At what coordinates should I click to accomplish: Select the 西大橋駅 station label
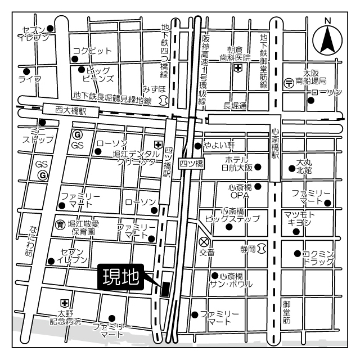(x=71, y=111)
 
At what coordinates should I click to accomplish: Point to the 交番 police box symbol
(x=204, y=242)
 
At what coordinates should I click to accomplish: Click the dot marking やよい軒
(x=197, y=146)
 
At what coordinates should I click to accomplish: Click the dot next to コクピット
(x=75, y=59)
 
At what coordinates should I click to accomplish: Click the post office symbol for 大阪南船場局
(x=289, y=82)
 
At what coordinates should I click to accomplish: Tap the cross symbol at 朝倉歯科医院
(x=238, y=69)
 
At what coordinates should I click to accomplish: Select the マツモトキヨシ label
(x=300, y=218)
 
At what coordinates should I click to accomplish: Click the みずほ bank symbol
(x=163, y=99)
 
